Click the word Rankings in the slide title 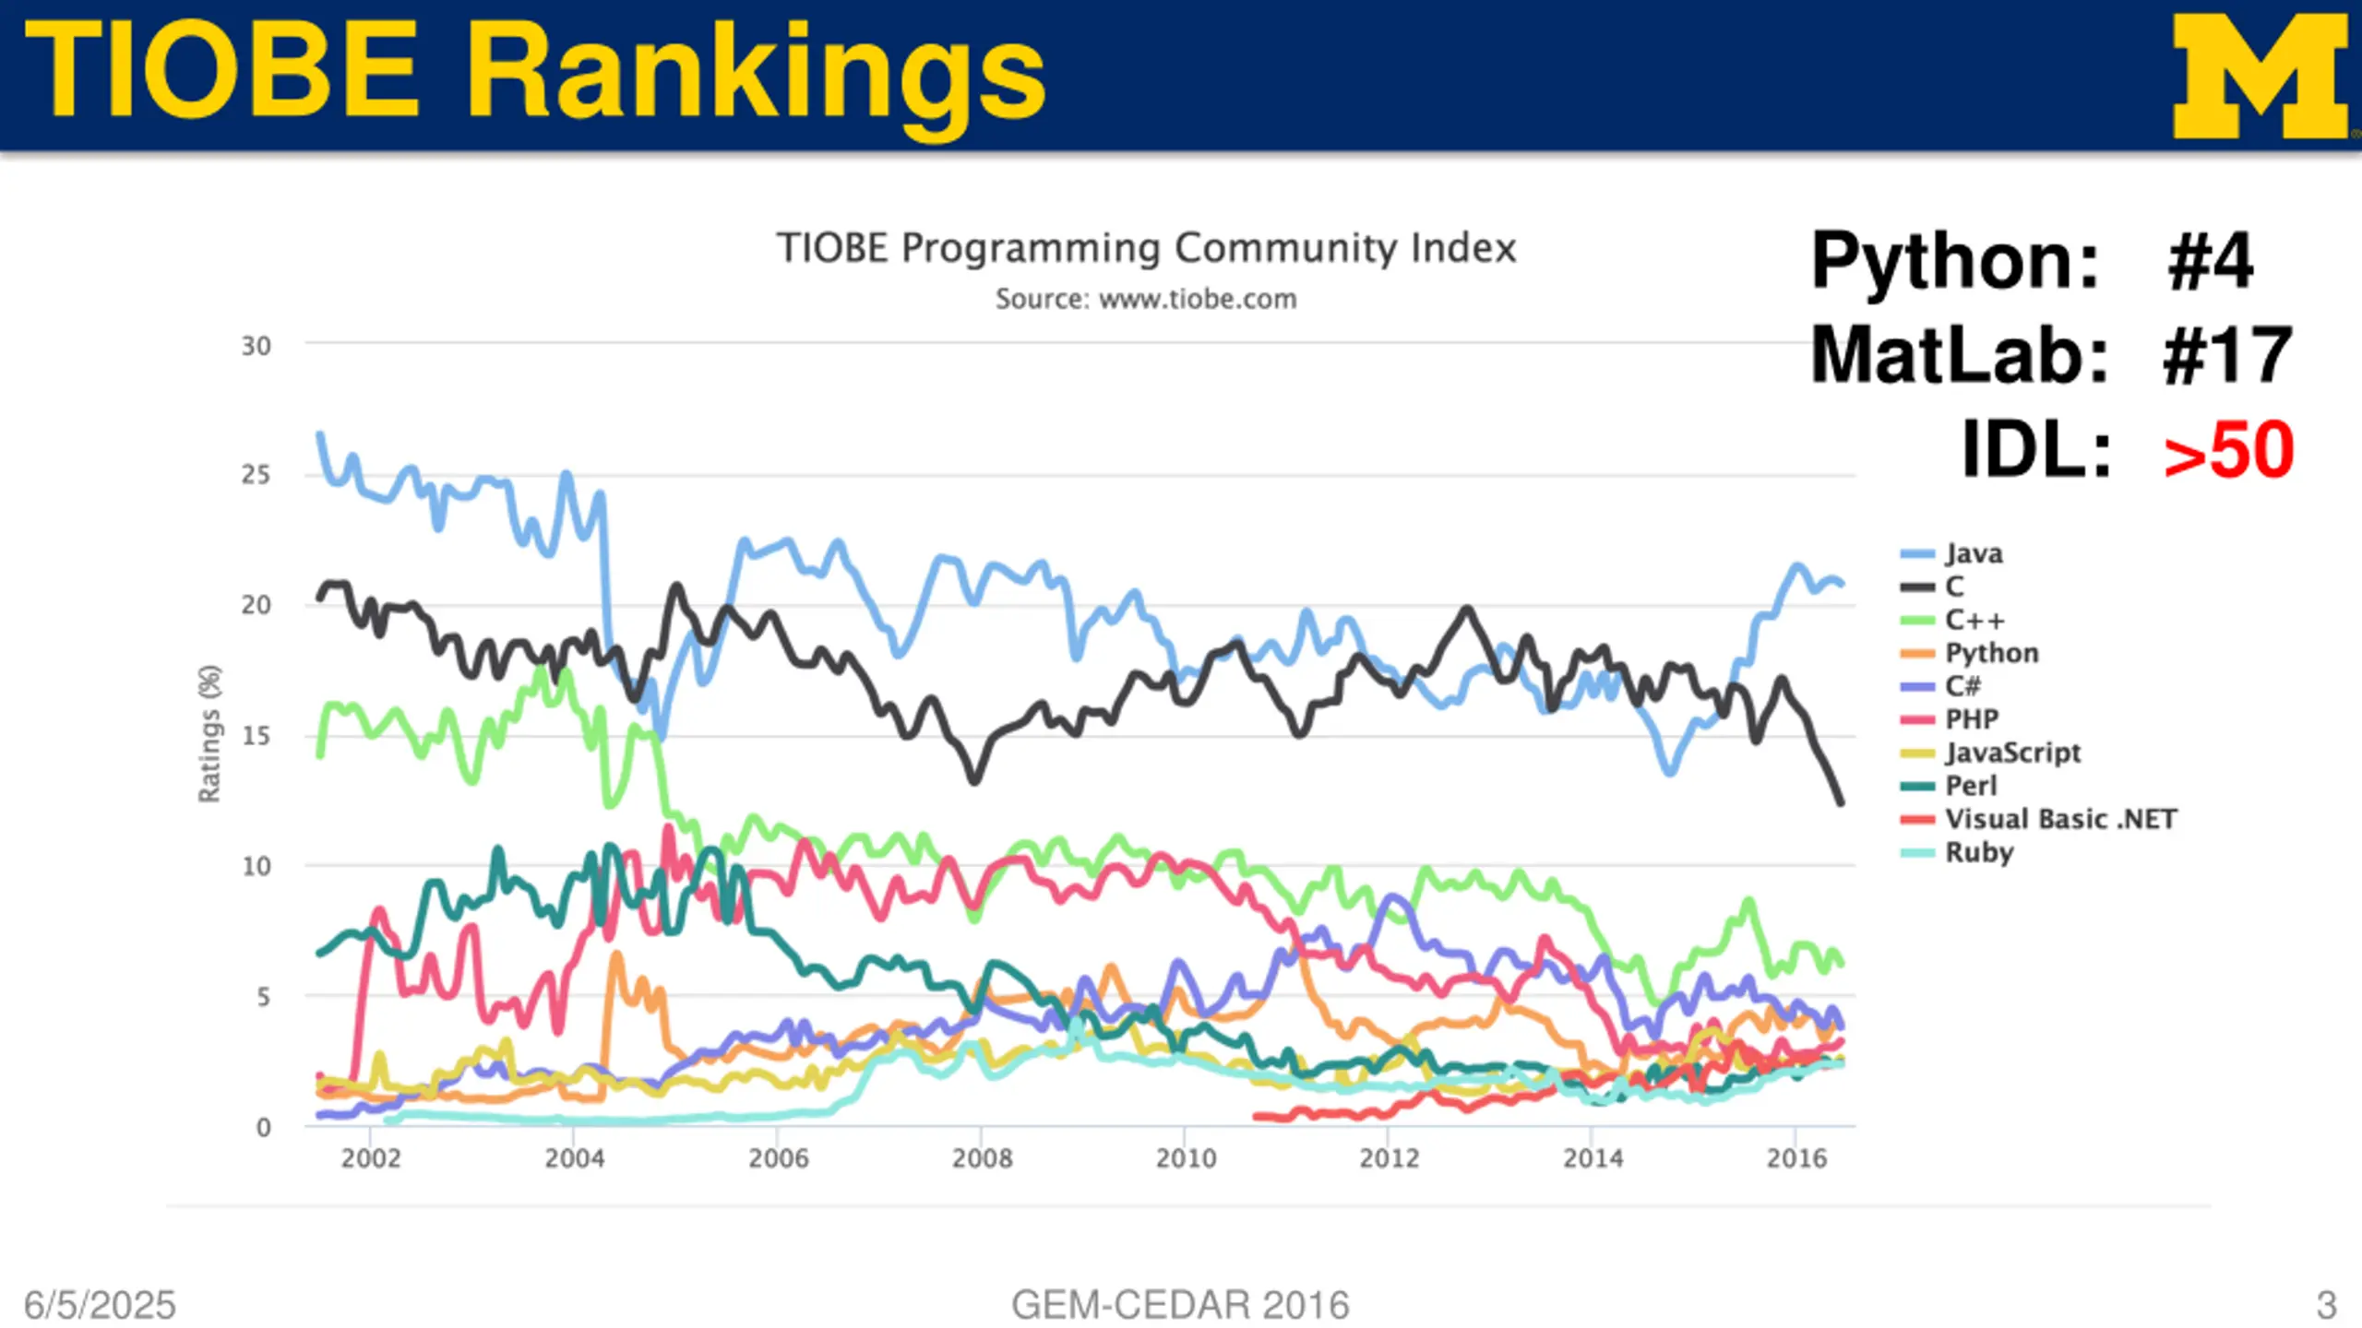point(757,74)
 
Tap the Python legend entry point(1991,653)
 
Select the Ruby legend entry point(1978,852)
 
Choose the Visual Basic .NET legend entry point(2059,819)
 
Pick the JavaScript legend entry point(2012,753)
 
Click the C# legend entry point(1962,686)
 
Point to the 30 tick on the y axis point(256,347)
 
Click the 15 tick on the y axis point(256,736)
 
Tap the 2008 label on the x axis point(982,1158)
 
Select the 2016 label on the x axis point(1795,1158)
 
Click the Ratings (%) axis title point(210,733)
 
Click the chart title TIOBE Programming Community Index point(1146,248)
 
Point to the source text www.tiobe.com point(1198,299)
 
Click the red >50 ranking point(2229,450)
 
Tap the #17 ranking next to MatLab point(2227,355)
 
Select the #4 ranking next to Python point(2211,261)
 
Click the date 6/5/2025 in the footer point(100,1305)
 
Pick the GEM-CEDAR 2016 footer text point(1180,1305)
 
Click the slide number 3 point(2326,1305)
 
